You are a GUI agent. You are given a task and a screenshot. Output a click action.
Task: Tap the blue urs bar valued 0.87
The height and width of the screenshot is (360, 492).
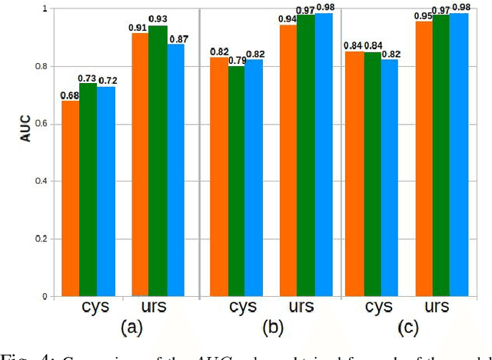[x=175, y=170]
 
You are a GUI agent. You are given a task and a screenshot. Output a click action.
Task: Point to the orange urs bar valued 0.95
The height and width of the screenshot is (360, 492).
[x=424, y=158]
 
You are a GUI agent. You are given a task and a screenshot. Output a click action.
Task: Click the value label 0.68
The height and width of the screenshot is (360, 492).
[x=70, y=95]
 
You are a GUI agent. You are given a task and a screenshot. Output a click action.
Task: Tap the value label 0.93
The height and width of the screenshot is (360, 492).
[x=158, y=19]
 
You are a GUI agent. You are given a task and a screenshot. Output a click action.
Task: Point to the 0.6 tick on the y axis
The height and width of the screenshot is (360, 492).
[x=43, y=124]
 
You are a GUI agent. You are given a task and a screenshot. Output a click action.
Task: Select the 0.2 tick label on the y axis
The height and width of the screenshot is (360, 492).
[x=43, y=239]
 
